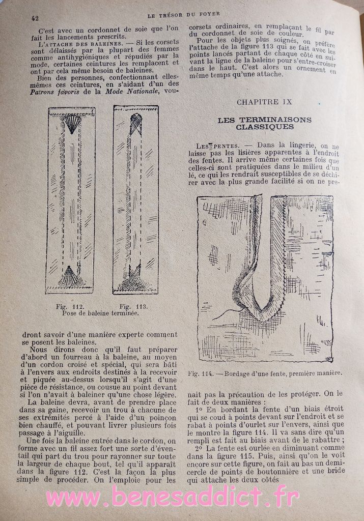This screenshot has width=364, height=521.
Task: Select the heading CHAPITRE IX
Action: tap(264, 102)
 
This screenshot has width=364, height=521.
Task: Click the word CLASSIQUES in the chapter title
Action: tap(265, 127)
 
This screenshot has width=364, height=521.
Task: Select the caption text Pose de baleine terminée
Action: tap(100, 313)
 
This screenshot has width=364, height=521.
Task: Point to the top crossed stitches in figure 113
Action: tap(136, 123)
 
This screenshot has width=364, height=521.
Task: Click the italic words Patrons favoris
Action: tap(45, 92)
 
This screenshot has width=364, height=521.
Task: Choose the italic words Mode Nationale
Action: tap(135, 92)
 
